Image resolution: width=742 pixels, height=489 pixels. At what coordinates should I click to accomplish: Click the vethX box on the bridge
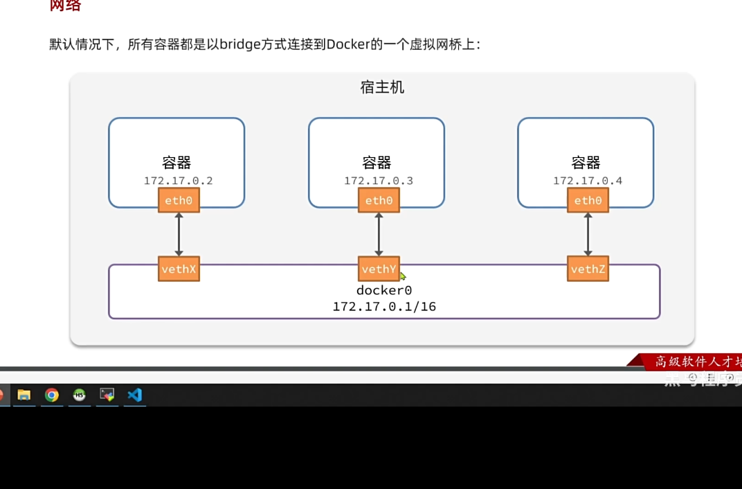pyautogui.click(x=179, y=269)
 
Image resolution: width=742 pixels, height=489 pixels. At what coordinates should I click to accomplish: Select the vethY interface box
pyautogui.click(x=379, y=269)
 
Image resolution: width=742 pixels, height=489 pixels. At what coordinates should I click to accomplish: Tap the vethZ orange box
pyautogui.click(x=588, y=269)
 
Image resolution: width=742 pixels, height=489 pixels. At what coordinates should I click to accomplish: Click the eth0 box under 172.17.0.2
pyautogui.click(x=179, y=201)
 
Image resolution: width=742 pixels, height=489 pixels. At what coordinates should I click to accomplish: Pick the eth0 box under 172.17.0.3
pyautogui.click(x=379, y=201)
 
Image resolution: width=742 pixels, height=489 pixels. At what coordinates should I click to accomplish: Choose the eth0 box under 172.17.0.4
pyautogui.click(x=588, y=201)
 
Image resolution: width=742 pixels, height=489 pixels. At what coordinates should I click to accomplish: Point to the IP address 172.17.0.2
pyautogui.click(x=178, y=181)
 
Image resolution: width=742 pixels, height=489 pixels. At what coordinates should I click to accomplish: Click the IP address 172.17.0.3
pyautogui.click(x=379, y=181)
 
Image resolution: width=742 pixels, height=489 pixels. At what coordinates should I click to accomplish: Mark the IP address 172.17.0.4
pyautogui.click(x=588, y=181)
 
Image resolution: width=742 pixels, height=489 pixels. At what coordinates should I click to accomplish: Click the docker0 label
pyautogui.click(x=384, y=290)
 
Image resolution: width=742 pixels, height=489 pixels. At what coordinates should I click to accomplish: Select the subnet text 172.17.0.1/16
pyautogui.click(x=384, y=306)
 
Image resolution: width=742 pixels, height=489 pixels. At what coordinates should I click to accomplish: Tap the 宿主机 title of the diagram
pyautogui.click(x=382, y=87)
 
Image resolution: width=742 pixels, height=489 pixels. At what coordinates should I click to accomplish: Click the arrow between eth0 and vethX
pyautogui.click(x=179, y=235)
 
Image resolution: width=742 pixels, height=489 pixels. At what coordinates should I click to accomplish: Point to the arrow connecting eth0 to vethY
pyautogui.click(x=379, y=235)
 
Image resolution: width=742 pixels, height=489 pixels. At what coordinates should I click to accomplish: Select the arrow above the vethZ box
pyautogui.click(x=588, y=235)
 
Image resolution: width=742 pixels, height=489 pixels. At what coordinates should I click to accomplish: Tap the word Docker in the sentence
pyautogui.click(x=349, y=45)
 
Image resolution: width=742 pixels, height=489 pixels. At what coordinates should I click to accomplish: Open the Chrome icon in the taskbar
pyautogui.click(x=51, y=395)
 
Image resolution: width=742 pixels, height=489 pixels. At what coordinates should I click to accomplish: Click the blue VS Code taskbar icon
pyautogui.click(x=134, y=395)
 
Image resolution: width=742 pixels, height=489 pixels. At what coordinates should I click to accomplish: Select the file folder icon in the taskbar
pyautogui.click(x=24, y=395)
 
